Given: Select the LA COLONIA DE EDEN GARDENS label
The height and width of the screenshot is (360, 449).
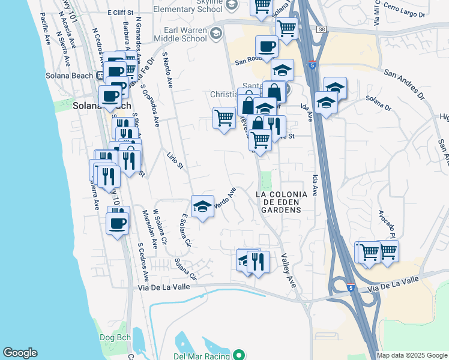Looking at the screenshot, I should pyautogui.click(x=282, y=202).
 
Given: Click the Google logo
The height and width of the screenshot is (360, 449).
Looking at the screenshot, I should pyautogui.click(x=20, y=353).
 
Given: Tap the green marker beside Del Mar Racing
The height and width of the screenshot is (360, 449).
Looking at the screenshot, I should pyautogui.click(x=239, y=356).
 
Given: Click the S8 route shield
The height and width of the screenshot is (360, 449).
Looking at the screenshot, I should pyautogui.click(x=322, y=29).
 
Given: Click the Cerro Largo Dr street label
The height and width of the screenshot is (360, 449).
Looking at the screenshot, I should pyautogui.click(x=404, y=11).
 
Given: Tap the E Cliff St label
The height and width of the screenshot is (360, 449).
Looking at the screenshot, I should pyautogui.click(x=119, y=12).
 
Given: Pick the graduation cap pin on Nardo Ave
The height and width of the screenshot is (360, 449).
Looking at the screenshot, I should pyautogui.click(x=203, y=206).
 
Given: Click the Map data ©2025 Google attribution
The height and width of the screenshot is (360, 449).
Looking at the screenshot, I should pyautogui.click(x=411, y=355).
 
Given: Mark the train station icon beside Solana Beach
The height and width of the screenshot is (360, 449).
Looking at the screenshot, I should pyautogui.click(x=98, y=75).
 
